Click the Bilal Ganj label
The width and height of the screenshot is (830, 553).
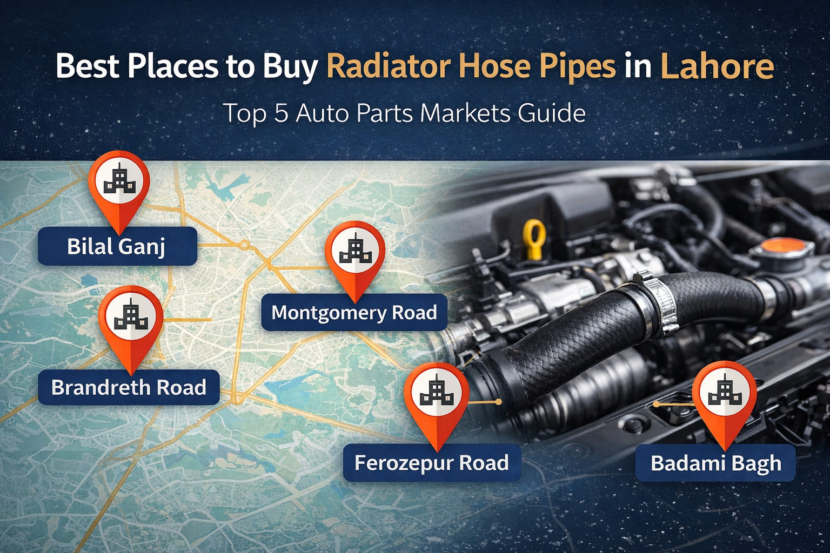click(x=117, y=246)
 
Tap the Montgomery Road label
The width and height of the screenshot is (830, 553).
click(x=354, y=312)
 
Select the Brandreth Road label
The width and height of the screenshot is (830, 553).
click(x=129, y=387)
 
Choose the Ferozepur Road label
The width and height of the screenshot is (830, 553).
click(x=432, y=463)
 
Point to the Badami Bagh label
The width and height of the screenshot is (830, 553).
click(x=715, y=463)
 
